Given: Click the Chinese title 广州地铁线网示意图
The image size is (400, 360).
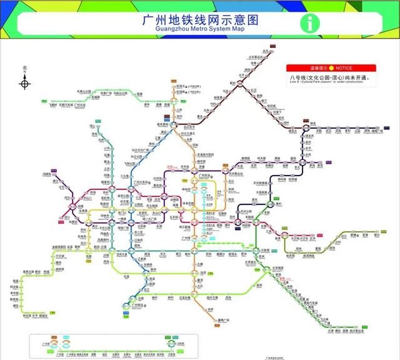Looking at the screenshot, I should (x=201, y=19).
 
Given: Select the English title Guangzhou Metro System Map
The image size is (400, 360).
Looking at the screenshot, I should (x=201, y=29).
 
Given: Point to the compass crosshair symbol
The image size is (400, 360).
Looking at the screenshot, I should (x=25, y=82).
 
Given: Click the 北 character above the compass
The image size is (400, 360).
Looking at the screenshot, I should (x=25, y=68).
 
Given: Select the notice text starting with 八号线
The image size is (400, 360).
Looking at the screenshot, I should (x=329, y=78).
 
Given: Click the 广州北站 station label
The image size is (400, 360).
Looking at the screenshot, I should (x=79, y=106).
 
